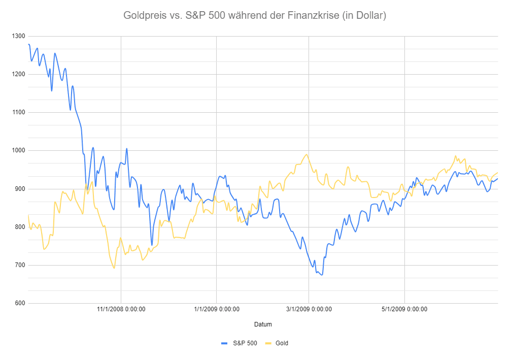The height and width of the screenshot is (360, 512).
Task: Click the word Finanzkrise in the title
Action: tap(312, 16)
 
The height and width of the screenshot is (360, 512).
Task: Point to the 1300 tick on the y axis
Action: tap(18, 36)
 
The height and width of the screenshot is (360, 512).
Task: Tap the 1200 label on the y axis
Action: tap(18, 74)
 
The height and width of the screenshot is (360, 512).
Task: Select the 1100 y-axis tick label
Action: tap(18, 112)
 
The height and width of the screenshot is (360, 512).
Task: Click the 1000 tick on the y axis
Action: tap(18, 151)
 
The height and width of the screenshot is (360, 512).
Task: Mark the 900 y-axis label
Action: tap(20, 189)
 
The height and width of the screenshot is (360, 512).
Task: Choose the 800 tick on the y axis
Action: tap(20, 227)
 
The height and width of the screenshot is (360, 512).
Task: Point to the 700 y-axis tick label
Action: tap(20, 265)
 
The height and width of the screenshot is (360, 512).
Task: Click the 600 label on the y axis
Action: tap(20, 304)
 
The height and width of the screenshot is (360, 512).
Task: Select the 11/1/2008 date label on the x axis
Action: tap(121, 309)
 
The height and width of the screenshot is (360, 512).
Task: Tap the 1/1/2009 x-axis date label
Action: tap(216, 309)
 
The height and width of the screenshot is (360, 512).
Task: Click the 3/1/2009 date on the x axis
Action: tap(309, 309)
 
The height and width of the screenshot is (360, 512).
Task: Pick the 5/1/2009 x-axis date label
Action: tap(404, 309)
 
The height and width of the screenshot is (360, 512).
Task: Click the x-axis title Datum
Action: tap(263, 324)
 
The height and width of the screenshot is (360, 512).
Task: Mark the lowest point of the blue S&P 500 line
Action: tap(322, 275)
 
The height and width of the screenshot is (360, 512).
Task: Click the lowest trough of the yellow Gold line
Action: tap(114, 268)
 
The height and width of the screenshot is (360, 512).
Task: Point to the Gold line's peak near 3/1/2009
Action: tap(306, 154)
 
